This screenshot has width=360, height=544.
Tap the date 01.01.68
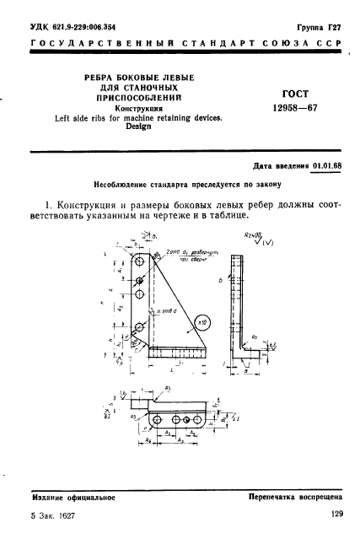pos(313,167)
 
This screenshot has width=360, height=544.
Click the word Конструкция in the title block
pos(137,109)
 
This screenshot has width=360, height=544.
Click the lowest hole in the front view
pos(136,329)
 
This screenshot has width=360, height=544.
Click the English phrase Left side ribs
pos(69,118)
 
